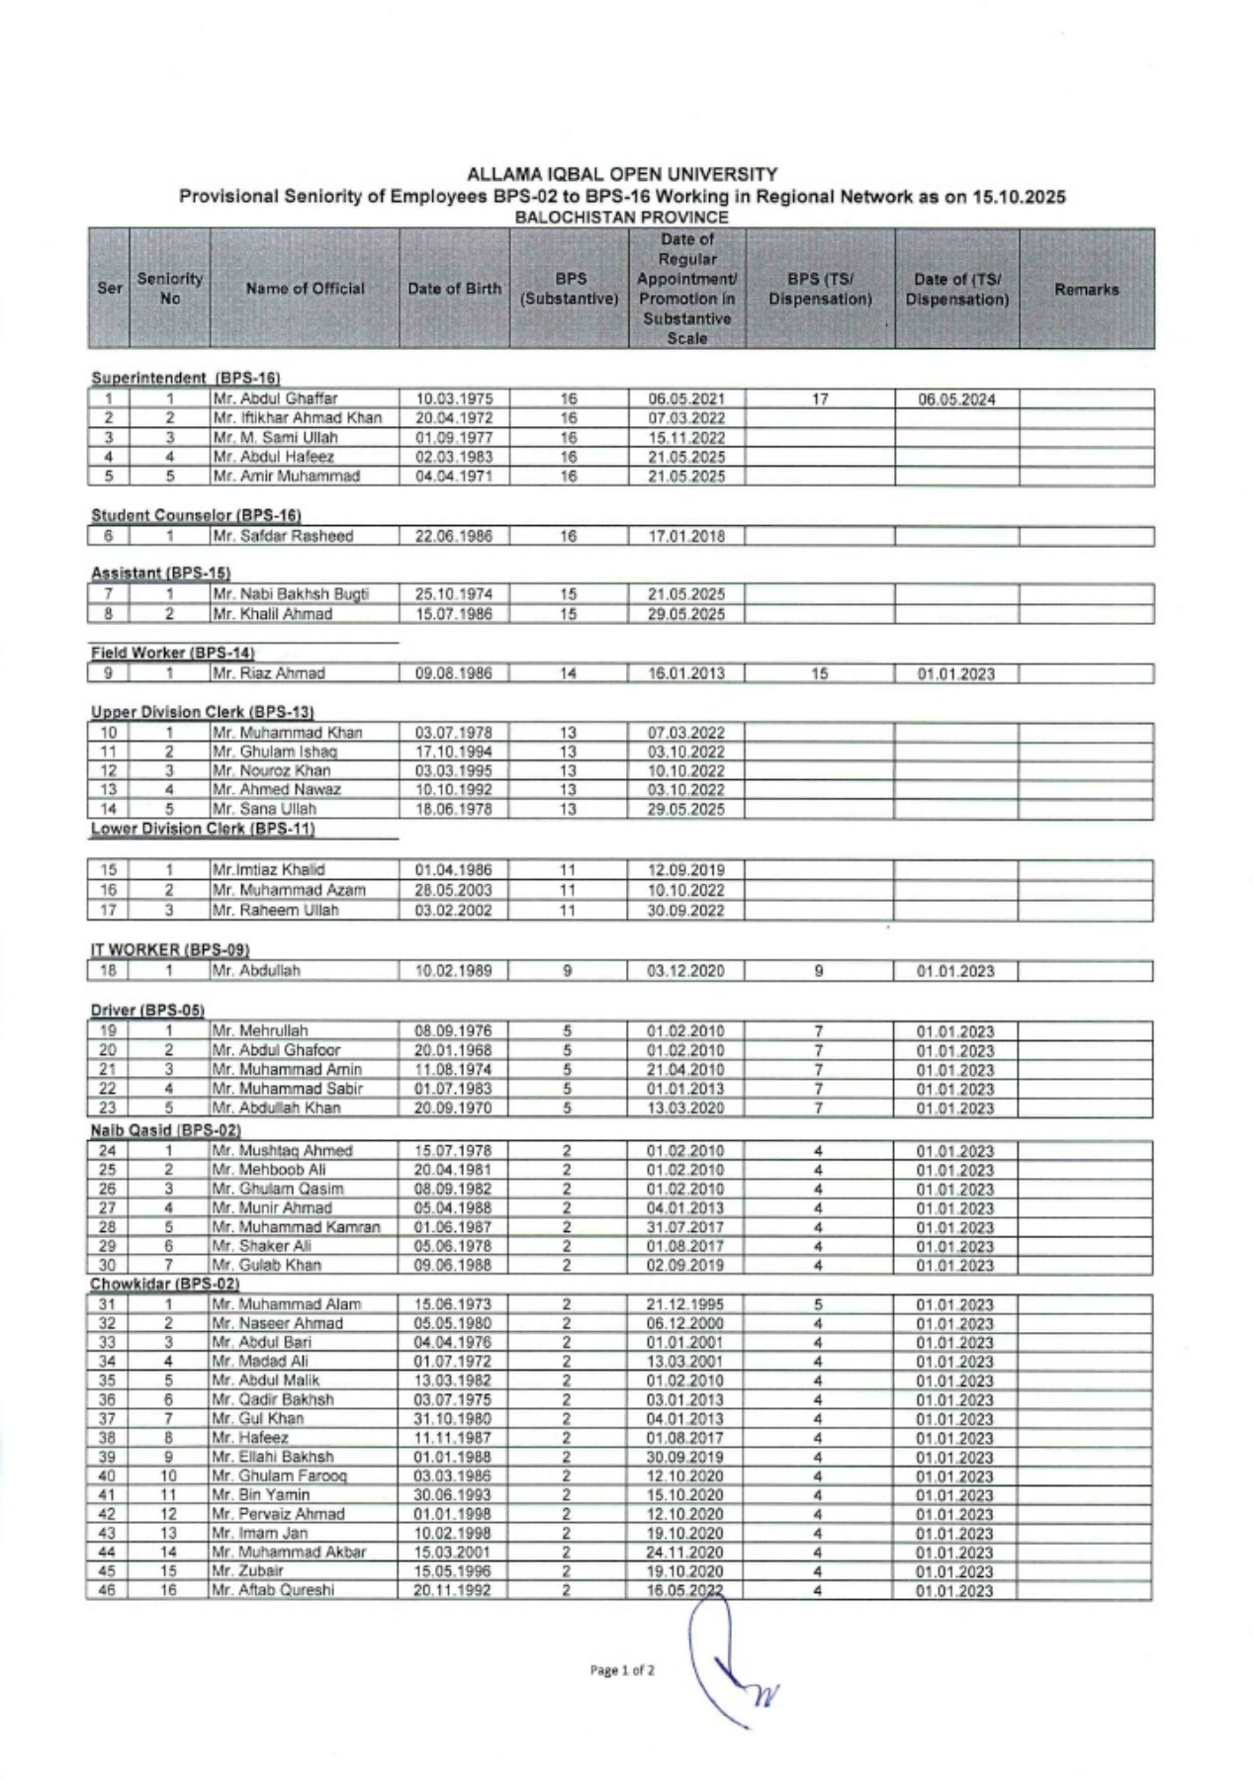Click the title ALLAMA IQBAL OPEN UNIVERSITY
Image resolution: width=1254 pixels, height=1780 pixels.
point(622,175)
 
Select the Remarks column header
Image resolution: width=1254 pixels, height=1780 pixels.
point(1086,290)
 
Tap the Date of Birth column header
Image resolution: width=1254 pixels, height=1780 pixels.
point(455,289)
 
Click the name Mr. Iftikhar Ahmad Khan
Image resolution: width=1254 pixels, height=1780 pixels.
point(298,418)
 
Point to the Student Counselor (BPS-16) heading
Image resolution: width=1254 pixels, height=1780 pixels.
point(196,515)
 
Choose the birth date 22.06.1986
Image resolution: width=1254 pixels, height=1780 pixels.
point(454,537)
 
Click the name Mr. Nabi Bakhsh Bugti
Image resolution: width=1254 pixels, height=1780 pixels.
point(291,594)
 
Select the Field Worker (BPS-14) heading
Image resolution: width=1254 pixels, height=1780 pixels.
point(173,653)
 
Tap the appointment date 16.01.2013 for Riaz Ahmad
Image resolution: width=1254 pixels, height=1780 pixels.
point(686,673)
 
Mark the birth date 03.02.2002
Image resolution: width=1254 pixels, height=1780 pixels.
point(453,910)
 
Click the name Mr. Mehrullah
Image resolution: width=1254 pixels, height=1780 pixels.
point(261,1030)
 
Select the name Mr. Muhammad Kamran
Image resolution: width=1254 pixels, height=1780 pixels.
point(297,1227)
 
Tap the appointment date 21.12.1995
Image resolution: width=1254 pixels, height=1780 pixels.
point(685,1304)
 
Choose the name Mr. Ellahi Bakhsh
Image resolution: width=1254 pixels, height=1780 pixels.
point(273,1457)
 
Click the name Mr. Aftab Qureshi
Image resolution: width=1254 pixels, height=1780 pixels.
point(273,1590)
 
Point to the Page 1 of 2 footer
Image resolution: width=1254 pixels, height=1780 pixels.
point(622,1670)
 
